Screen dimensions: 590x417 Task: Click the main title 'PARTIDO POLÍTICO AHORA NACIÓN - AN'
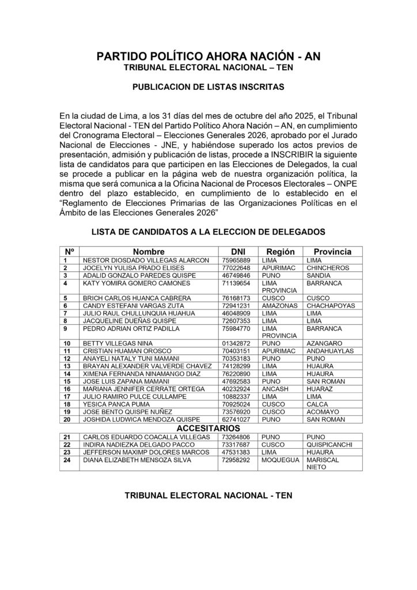coord(208,56)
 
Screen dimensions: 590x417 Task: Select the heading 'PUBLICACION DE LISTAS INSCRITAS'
coord(208,89)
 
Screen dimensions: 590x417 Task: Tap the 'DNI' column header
coord(238,252)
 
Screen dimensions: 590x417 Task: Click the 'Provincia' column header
coord(332,252)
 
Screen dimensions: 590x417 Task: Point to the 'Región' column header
coord(280,252)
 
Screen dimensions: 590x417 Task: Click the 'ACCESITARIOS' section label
coord(208,429)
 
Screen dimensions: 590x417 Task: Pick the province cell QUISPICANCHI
coord(333,445)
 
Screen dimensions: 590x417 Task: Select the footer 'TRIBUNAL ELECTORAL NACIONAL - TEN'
coord(208,496)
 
